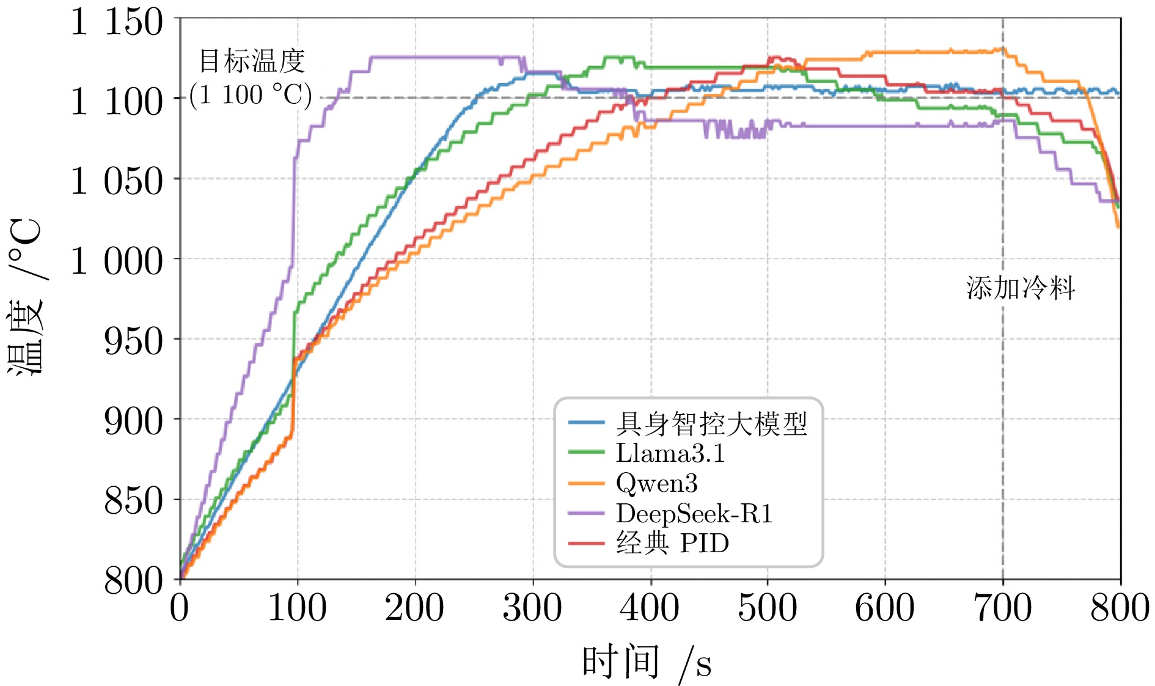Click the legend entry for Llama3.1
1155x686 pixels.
(x=670, y=453)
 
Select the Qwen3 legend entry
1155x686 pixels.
(x=656, y=483)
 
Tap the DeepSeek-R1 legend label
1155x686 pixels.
(x=694, y=513)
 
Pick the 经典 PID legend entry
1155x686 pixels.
(x=672, y=543)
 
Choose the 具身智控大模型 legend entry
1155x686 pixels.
(x=711, y=423)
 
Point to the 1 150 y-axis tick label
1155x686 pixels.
(x=117, y=22)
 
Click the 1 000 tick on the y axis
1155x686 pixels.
(x=117, y=261)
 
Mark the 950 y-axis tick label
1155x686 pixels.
(x=133, y=340)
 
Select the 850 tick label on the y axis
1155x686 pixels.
(x=133, y=501)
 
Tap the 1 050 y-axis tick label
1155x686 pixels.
(x=117, y=181)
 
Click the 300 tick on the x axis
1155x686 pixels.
(x=532, y=608)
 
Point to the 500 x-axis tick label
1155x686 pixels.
(x=768, y=608)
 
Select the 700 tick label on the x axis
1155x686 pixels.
(x=1002, y=608)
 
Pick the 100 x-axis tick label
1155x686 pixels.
(x=298, y=608)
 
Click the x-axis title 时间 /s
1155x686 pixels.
(x=647, y=662)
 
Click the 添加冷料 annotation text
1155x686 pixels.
(x=1021, y=288)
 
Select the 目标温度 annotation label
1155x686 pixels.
(x=252, y=61)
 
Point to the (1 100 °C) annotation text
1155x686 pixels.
(x=251, y=95)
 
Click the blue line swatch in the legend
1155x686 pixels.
(x=586, y=423)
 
